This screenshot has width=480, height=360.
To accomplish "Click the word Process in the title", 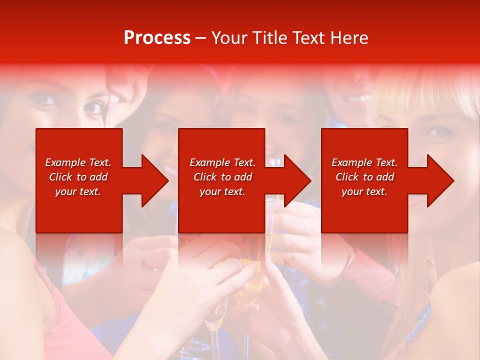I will [157, 38].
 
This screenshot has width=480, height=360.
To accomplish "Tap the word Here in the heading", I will [349, 38].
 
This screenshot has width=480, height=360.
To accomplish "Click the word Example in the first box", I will [65, 162].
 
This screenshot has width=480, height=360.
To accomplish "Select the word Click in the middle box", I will [205, 177].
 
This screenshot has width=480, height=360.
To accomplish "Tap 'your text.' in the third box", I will [364, 191].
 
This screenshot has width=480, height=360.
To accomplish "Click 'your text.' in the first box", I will [78, 191].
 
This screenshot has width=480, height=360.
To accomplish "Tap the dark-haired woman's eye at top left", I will [92, 106].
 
